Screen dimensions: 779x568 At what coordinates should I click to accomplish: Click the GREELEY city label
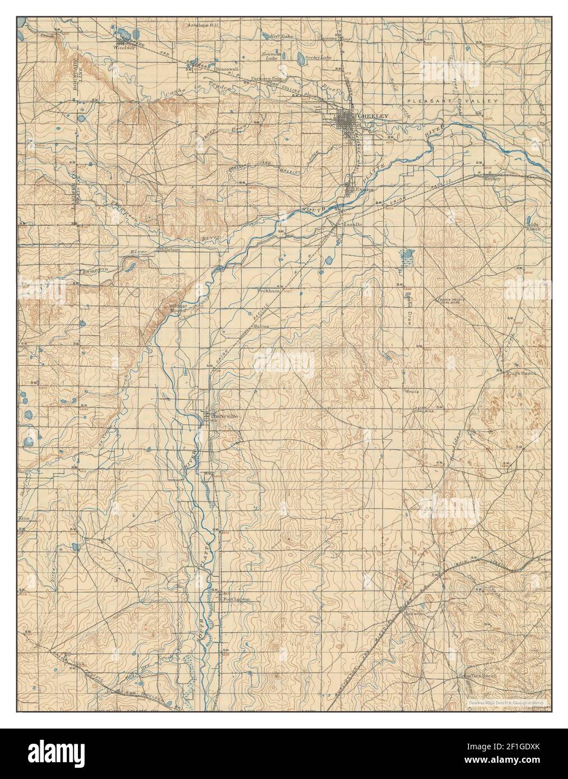[373, 115]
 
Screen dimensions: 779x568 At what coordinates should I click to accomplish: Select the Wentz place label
[410, 391]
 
